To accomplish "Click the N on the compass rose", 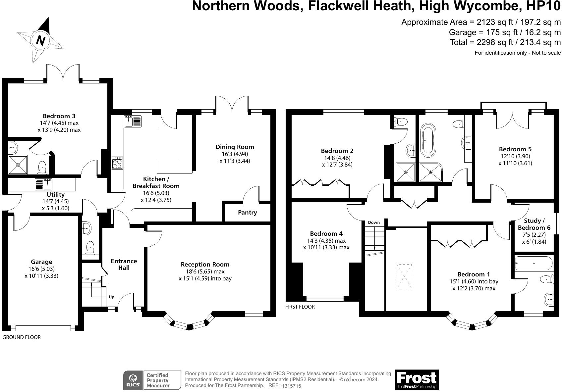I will pyautogui.click(x=41, y=40).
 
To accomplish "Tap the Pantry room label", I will pyautogui.click(x=247, y=213).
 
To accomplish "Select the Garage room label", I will pyautogui.click(x=41, y=262).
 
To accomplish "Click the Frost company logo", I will pyautogui.click(x=417, y=380).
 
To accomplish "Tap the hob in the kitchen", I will pyautogui.click(x=117, y=163).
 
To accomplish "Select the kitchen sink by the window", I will pyautogui.click(x=133, y=122).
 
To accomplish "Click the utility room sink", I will pyautogui.click(x=43, y=184).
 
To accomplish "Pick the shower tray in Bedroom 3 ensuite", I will pyautogui.click(x=18, y=165).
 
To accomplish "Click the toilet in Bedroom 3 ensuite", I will pyautogui.click(x=42, y=168).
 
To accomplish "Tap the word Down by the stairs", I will pyautogui.click(x=373, y=222).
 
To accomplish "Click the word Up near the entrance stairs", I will pyautogui.click(x=112, y=297).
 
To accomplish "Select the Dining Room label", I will pyautogui.click(x=235, y=147).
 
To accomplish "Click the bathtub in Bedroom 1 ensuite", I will pyautogui.click(x=534, y=264).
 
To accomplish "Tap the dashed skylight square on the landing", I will pyautogui.click(x=404, y=276).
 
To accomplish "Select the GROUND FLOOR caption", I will pyautogui.click(x=22, y=337).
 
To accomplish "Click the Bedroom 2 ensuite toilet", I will pyautogui.click(x=401, y=122).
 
